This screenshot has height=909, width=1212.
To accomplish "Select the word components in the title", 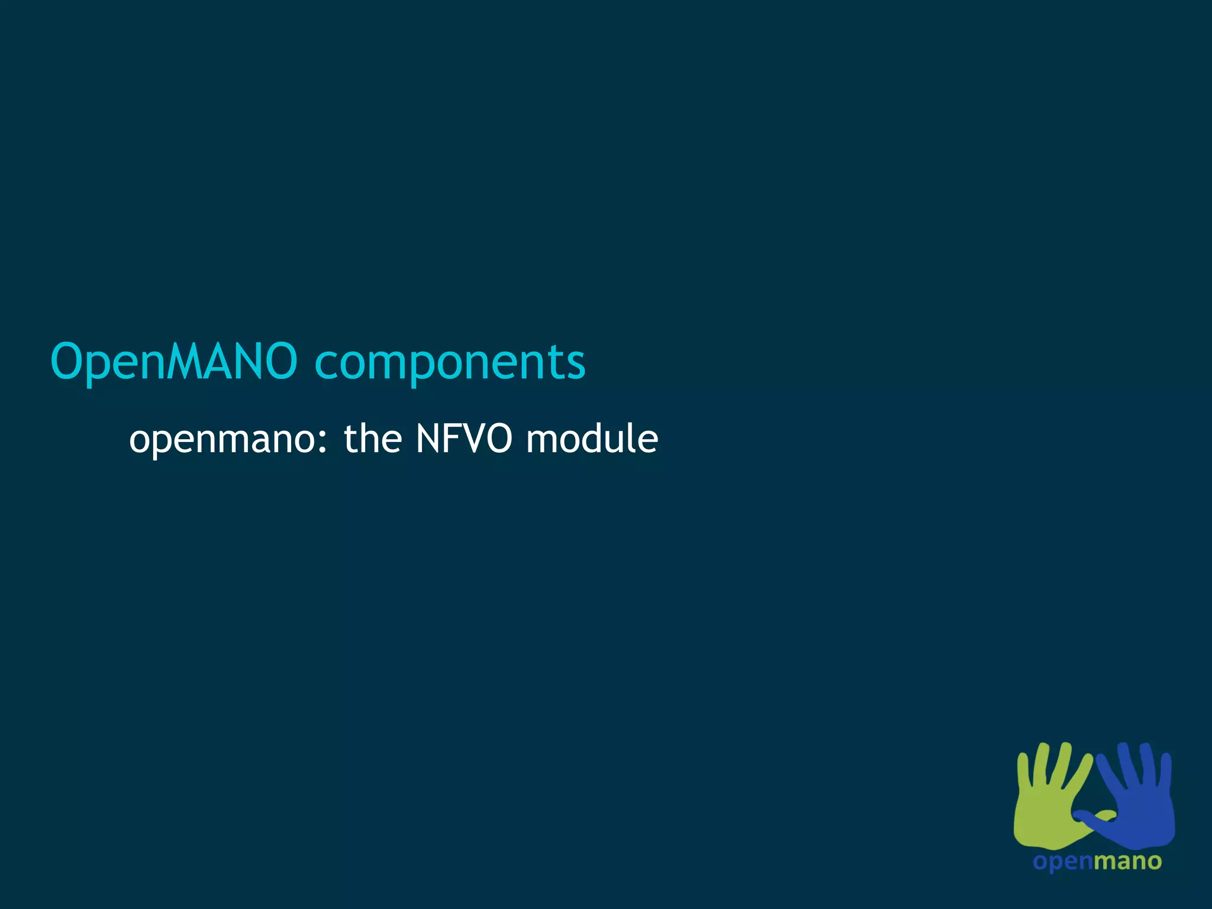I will point(450,362).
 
